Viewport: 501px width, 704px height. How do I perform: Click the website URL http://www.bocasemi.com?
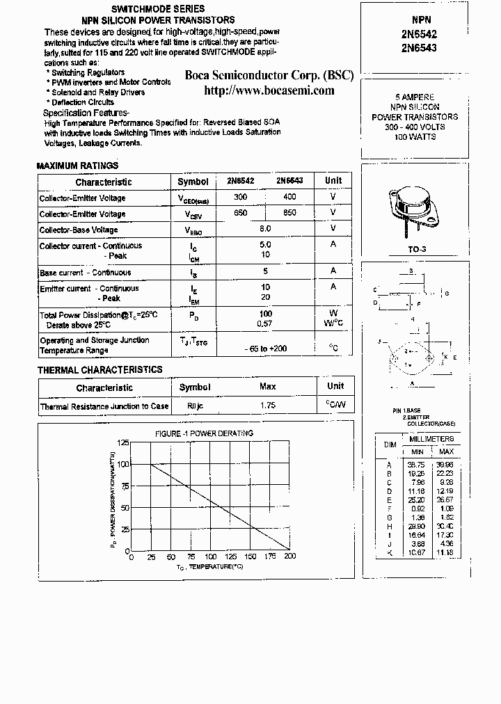(269, 90)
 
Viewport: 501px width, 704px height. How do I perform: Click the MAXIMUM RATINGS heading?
(77, 166)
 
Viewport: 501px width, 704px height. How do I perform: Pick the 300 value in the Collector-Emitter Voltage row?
(241, 198)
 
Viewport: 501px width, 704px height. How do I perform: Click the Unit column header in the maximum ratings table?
(333, 181)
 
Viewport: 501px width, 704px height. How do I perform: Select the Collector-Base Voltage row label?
(79, 230)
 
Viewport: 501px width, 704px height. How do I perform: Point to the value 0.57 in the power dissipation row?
(264, 324)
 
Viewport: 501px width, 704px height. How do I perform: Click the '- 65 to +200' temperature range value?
(265, 348)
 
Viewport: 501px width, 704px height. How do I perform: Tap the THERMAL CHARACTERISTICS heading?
(100, 370)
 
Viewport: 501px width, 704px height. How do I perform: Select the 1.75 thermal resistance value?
(267, 406)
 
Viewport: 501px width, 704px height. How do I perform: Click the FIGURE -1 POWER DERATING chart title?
(204, 433)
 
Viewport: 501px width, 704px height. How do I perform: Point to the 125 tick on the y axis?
(123, 443)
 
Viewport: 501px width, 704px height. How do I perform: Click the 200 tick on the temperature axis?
(289, 557)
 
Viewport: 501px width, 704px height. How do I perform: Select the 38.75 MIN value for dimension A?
(416, 464)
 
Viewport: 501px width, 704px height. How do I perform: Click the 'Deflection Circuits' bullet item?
(83, 102)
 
